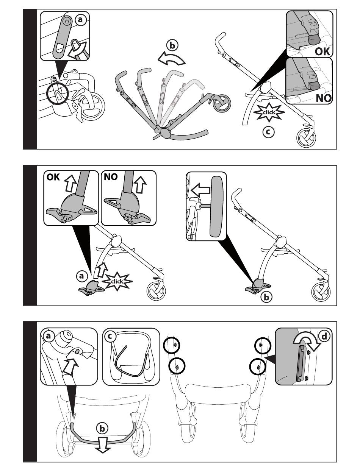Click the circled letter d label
(x=324, y=336)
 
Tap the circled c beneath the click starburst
(x=269, y=132)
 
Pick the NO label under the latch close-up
(x=322, y=98)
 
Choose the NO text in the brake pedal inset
(x=111, y=177)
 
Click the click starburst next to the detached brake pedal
(x=119, y=282)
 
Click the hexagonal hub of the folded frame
(x=166, y=133)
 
